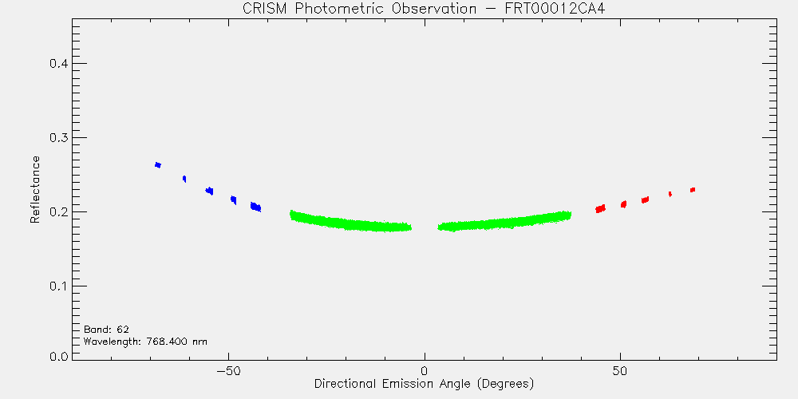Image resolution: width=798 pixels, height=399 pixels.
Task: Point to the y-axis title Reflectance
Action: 34,189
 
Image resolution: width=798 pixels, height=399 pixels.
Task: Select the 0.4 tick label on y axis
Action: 57,64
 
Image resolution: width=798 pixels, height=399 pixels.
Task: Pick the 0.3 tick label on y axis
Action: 57,138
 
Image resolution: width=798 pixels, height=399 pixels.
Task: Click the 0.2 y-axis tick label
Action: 57,211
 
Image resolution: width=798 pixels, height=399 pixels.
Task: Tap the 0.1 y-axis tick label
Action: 57,286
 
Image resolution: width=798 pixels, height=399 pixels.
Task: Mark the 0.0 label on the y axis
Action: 57,356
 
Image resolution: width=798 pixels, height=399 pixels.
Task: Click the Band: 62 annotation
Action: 106,330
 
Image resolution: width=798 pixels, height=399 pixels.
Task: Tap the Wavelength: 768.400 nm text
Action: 145,342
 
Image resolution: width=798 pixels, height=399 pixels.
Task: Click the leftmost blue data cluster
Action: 158,165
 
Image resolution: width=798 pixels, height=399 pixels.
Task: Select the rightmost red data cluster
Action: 693,190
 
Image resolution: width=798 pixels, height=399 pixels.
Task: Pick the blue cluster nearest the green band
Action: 255,207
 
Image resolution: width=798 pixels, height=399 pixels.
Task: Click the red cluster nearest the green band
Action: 601,208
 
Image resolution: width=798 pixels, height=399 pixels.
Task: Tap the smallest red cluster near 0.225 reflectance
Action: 670,194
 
